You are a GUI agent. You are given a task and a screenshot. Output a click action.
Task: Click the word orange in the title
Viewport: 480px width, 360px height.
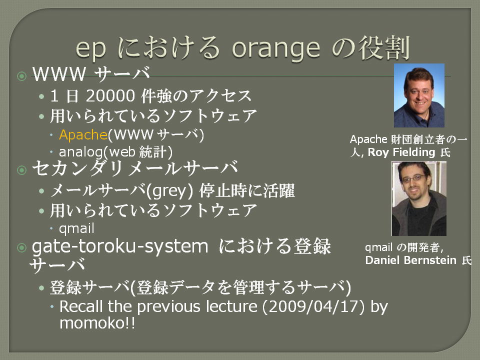(276, 49)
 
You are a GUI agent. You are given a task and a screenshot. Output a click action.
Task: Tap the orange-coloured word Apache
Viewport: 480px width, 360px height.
(83, 134)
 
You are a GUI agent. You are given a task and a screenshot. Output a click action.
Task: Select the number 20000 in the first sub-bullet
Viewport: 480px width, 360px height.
(110, 96)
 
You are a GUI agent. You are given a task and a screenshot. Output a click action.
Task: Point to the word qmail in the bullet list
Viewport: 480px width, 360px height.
(76, 228)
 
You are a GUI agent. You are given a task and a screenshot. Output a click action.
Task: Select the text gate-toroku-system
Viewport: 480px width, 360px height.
(120, 246)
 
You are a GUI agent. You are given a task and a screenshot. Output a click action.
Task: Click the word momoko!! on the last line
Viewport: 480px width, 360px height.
(97, 323)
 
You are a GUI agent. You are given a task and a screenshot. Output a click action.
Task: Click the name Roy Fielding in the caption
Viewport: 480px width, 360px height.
(401, 152)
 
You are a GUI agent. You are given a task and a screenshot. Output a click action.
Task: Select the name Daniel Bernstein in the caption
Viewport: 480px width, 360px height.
(411, 260)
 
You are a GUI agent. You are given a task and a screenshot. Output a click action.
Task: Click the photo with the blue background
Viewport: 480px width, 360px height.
(419, 95)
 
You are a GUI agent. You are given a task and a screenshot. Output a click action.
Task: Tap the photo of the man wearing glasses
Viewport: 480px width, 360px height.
(419, 198)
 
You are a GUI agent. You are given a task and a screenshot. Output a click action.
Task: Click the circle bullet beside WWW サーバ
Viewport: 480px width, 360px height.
(21, 76)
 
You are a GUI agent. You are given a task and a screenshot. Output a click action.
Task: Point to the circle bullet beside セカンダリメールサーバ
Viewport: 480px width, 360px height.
(21, 170)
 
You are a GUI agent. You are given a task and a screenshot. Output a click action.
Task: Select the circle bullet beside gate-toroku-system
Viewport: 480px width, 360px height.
(21, 247)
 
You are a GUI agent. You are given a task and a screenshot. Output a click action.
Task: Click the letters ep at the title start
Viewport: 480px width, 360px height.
(90, 49)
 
